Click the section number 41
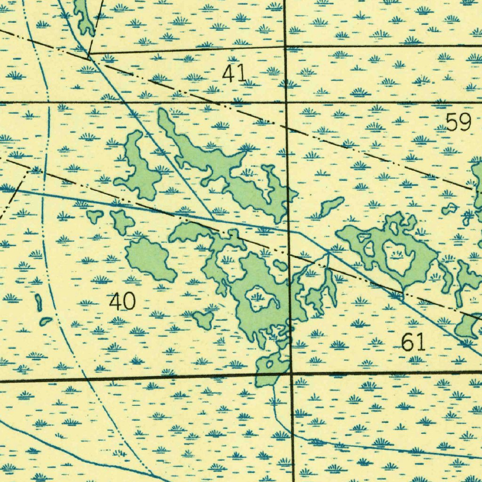click(234, 74)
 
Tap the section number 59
click(458, 122)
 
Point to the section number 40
click(122, 301)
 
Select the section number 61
click(413, 342)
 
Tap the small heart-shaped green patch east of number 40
click(204, 320)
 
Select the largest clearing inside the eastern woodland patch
click(398, 257)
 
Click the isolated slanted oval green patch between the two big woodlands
click(332, 205)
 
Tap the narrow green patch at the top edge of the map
click(84, 16)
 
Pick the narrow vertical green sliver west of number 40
click(38, 302)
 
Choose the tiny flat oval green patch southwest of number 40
click(46, 321)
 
